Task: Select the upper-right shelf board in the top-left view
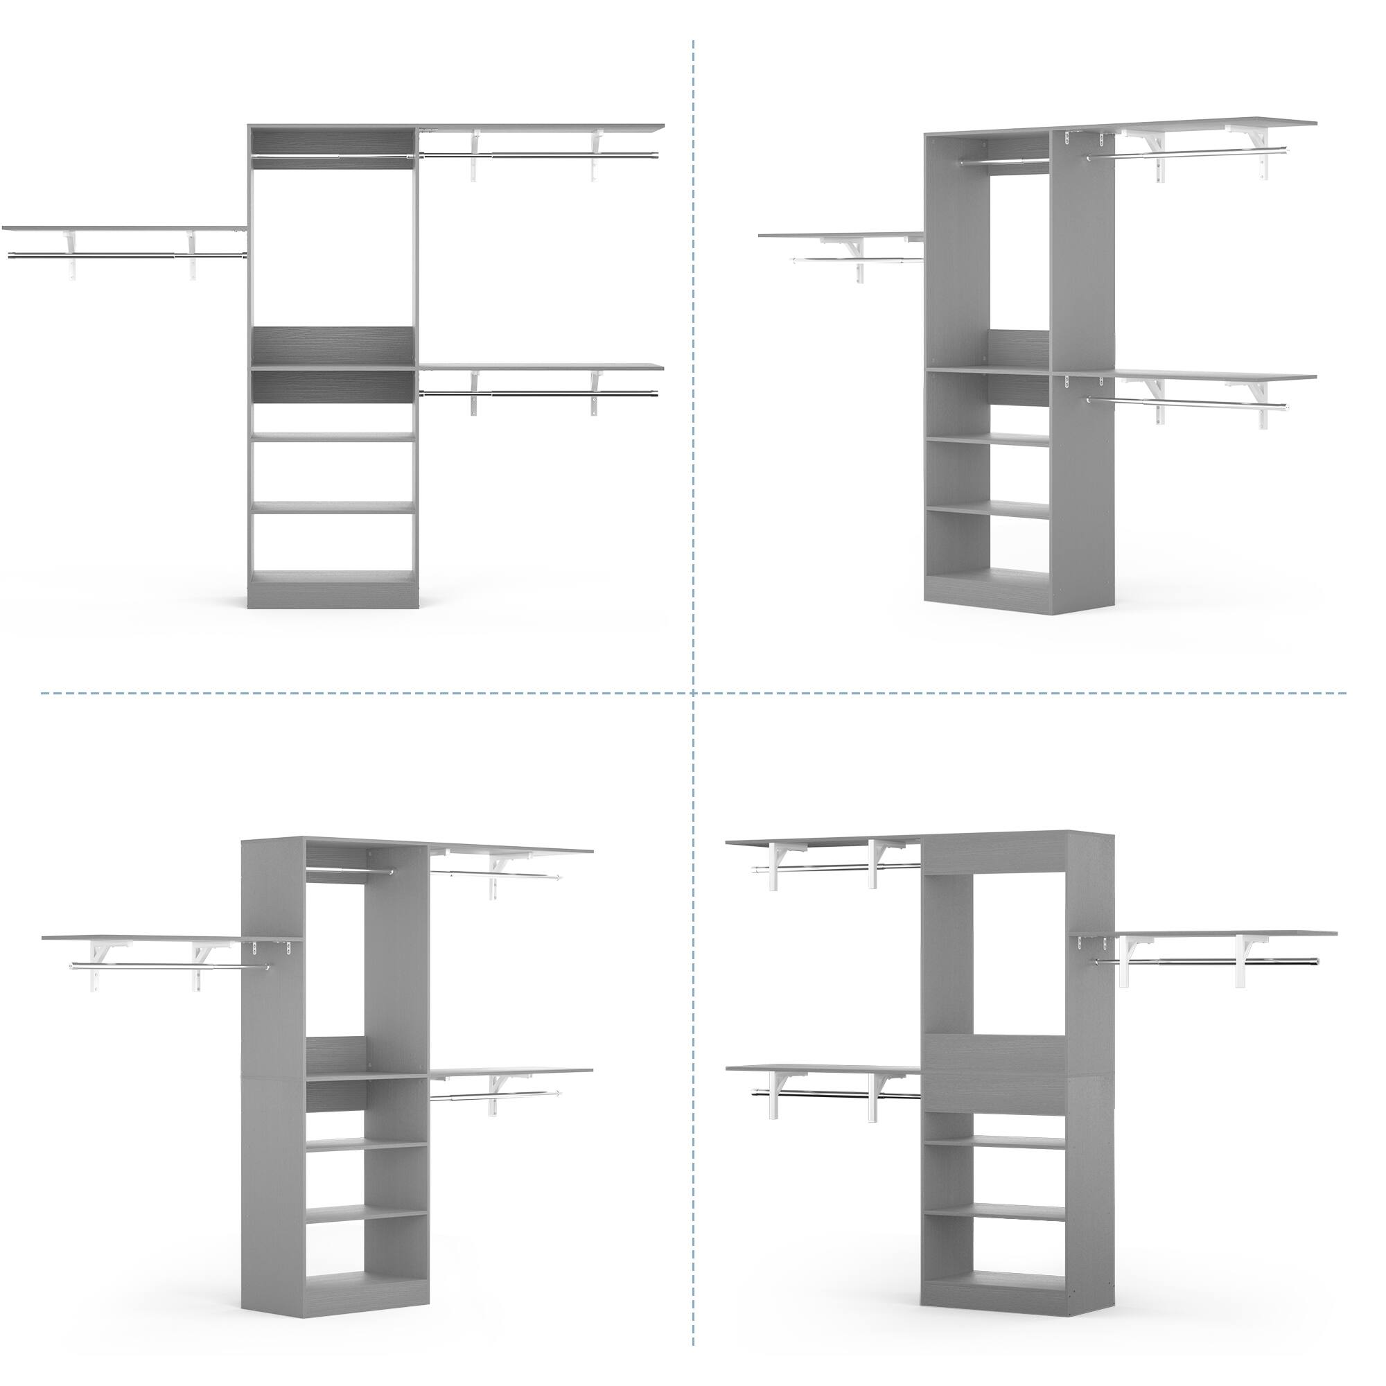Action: [x=542, y=128]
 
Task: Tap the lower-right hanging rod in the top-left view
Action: [x=538, y=392]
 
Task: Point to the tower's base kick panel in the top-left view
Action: [x=333, y=596]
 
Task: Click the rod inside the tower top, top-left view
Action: [x=333, y=156]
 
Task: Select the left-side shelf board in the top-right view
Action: [x=839, y=235]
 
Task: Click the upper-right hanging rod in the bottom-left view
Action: [x=495, y=874]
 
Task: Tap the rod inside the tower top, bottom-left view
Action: [x=349, y=872]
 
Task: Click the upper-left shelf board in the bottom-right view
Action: [x=821, y=840]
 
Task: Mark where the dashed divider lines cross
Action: [x=693, y=694]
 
